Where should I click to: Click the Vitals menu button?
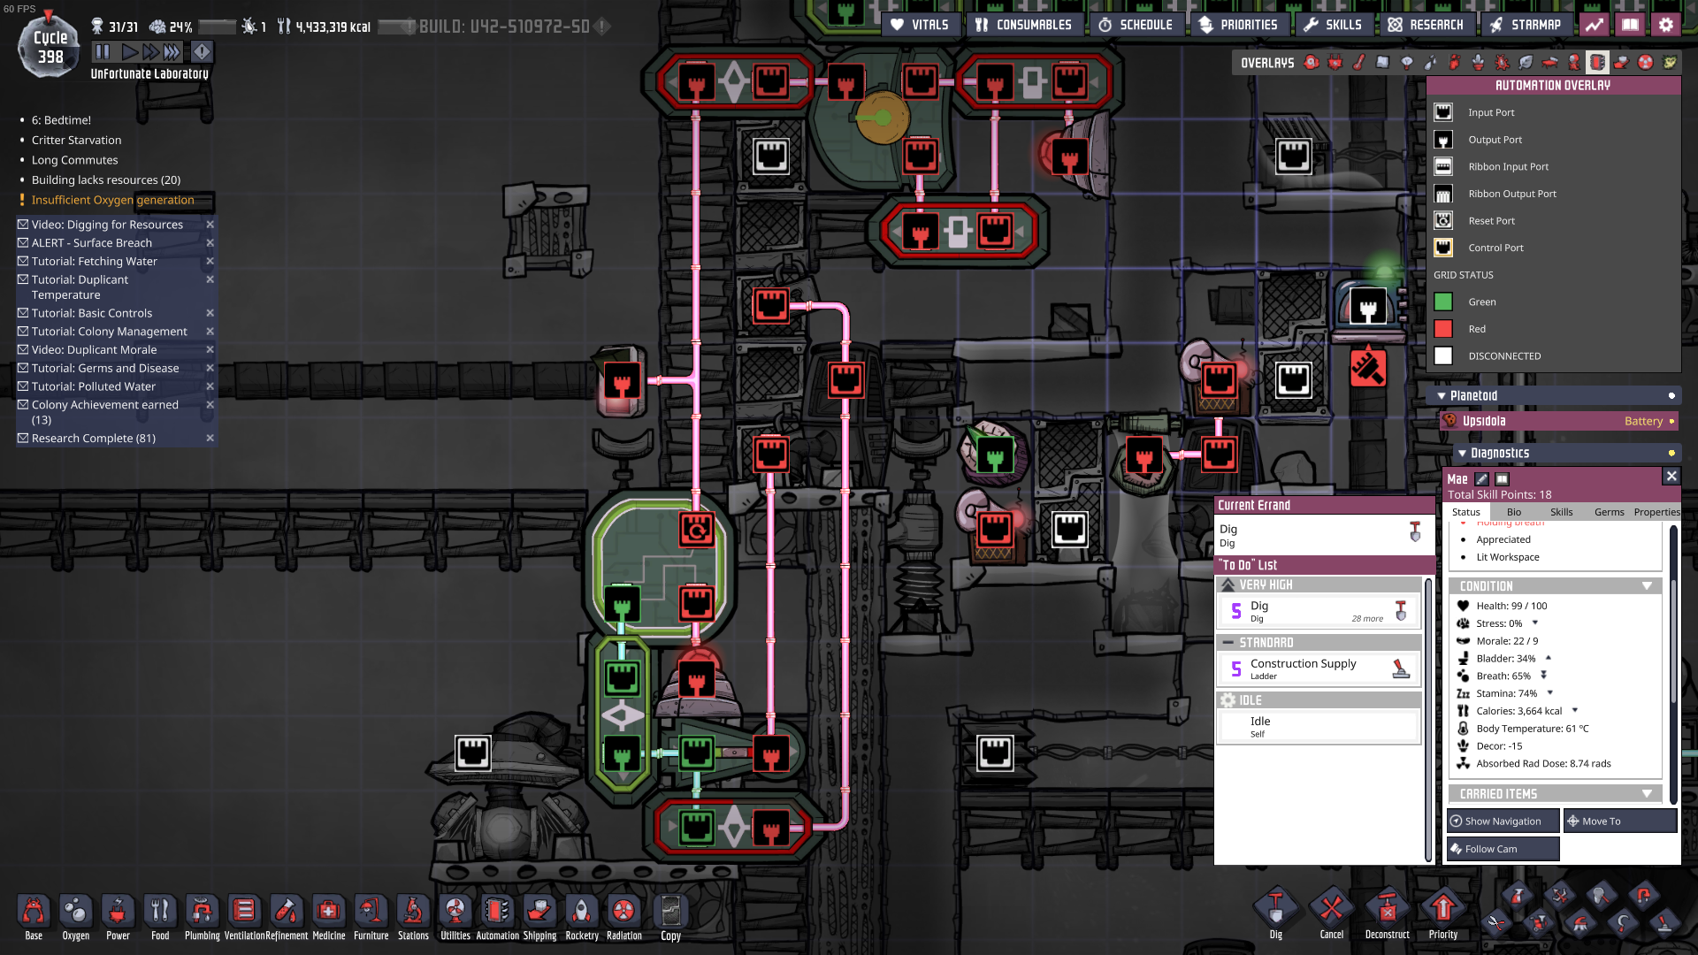tap(920, 25)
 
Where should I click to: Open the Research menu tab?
tap(1426, 25)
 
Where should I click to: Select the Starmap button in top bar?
tap(1526, 25)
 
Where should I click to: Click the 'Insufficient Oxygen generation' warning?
tap(112, 200)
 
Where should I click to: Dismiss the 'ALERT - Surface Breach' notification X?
tap(210, 243)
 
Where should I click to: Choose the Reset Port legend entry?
tap(1491, 221)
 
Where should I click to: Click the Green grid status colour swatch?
tap(1443, 302)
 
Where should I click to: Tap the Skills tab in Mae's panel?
tap(1561, 512)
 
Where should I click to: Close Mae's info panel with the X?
tap(1671, 477)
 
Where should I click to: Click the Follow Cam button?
tap(1503, 849)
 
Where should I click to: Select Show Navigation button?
tap(1503, 821)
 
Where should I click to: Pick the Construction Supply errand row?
tap(1319, 668)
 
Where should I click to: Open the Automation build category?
tap(497, 917)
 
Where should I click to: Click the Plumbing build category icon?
tap(202, 917)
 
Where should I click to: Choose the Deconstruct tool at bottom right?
tap(1387, 915)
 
